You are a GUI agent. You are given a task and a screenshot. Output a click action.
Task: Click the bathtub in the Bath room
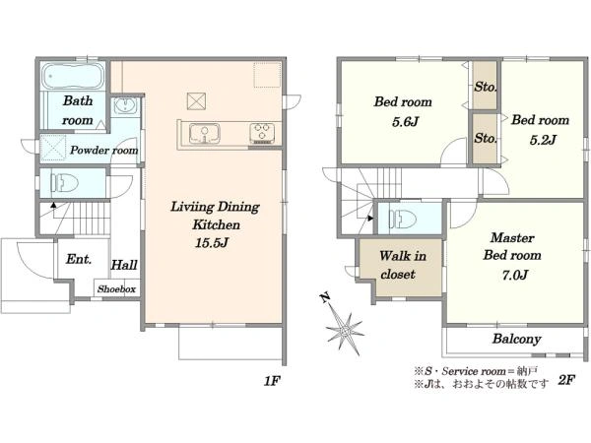point(72,76)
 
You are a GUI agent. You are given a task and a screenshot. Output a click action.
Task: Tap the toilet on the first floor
point(65,183)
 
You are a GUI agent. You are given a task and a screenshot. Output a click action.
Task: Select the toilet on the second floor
point(403,219)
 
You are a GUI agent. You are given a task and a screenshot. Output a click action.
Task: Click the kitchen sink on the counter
point(204,133)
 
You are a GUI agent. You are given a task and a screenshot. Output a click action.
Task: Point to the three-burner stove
point(262,133)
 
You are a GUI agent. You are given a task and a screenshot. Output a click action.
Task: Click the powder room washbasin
point(126,105)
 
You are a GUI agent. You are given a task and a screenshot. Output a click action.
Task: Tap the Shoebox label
point(116,289)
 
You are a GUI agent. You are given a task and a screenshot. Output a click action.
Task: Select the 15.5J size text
point(212,243)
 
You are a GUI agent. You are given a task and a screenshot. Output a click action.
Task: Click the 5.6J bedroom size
point(405,122)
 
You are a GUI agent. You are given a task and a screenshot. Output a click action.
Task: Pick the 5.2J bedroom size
point(543,140)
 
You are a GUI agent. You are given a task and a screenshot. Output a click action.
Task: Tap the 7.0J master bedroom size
point(514,275)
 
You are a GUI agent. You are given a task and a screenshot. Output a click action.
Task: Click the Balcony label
point(516,339)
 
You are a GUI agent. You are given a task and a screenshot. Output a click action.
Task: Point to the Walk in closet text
point(402,265)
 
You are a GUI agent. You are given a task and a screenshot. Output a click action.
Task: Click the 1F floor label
point(272,381)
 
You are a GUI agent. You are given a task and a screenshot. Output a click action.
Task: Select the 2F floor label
point(566,380)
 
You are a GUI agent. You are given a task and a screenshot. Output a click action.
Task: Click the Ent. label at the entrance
point(79,259)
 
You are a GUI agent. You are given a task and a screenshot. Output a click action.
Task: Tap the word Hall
point(124,265)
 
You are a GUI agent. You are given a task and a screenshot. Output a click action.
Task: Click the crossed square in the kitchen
point(196,101)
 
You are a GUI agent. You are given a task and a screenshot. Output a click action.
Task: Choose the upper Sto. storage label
point(485,87)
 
